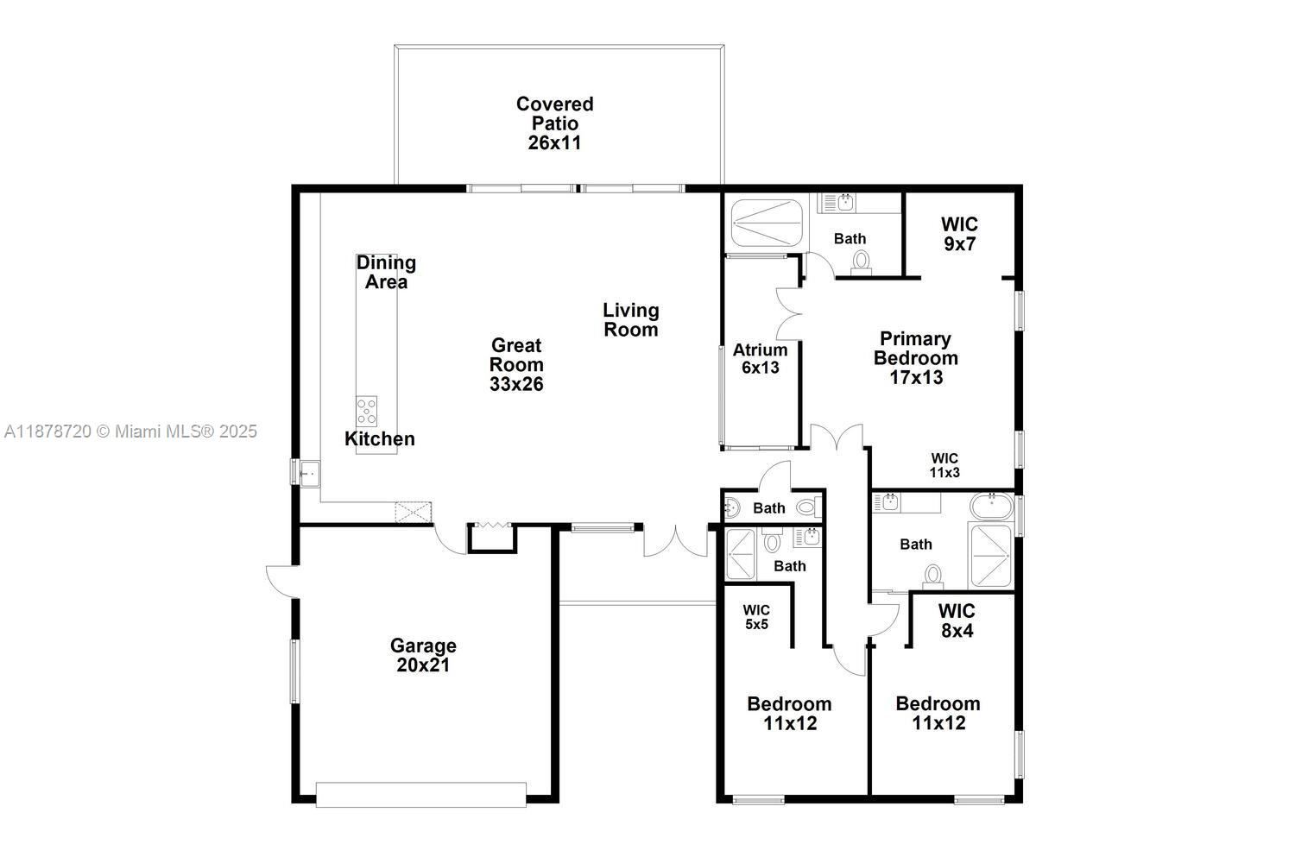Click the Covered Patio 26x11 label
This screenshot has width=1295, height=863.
point(554,123)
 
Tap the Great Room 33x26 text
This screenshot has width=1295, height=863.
point(516,365)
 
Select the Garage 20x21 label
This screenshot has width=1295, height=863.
point(423,655)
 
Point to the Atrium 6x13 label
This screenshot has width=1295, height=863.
point(760,358)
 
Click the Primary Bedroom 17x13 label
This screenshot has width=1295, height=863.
point(916,357)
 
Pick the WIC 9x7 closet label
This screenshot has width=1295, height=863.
point(959,234)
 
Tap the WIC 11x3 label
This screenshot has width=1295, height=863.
point(944,465)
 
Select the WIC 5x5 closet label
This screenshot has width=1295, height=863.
point(756,617)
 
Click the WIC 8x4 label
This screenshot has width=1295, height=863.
point(957,621)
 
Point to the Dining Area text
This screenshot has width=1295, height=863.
point(386,272)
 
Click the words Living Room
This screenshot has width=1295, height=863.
point(630,319)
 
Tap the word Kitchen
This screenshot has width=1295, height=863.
point(380,438)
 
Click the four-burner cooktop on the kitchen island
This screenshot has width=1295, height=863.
point(367,411)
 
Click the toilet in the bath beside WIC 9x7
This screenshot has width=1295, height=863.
point(861,261)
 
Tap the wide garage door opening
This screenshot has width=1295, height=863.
point(420,794)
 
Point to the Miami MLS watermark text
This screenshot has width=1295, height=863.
point(130,431)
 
